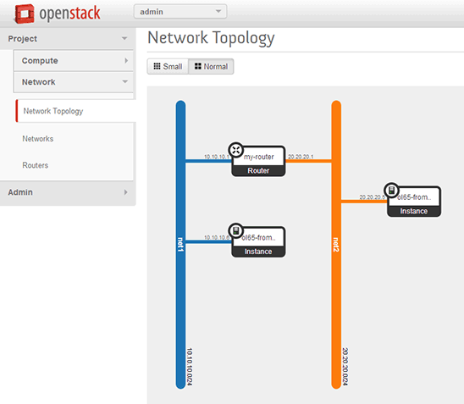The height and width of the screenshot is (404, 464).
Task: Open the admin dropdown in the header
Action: (x=180, y=11)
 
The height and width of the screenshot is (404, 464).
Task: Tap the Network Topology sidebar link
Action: (x=52, y=111)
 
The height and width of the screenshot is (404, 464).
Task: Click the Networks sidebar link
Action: (x=38, y=138)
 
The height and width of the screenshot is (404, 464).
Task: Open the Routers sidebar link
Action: (x=36, y=165)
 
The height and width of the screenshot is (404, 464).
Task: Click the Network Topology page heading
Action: (x=211, y=38)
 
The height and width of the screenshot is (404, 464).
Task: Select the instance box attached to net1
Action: (x=258, y=242)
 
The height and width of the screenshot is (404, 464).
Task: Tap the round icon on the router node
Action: (x=235, y=149)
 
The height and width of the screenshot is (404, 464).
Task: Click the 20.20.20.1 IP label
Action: (x=301, y=157)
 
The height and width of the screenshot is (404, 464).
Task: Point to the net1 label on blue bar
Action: (x=181, y=246)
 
